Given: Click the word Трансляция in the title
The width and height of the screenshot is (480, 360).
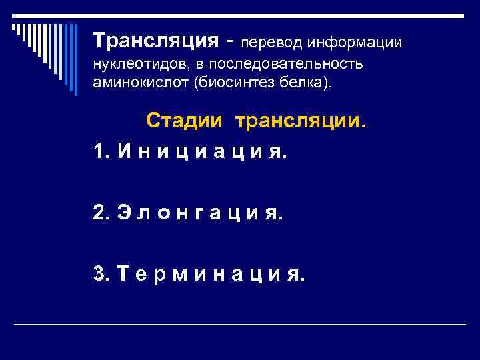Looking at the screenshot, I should pos(156,41).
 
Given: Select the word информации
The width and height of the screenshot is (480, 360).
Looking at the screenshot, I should pos(354,43).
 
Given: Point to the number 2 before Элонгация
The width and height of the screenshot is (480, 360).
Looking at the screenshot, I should pos(100,213).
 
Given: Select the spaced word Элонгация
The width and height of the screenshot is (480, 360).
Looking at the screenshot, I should pos(200,213).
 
